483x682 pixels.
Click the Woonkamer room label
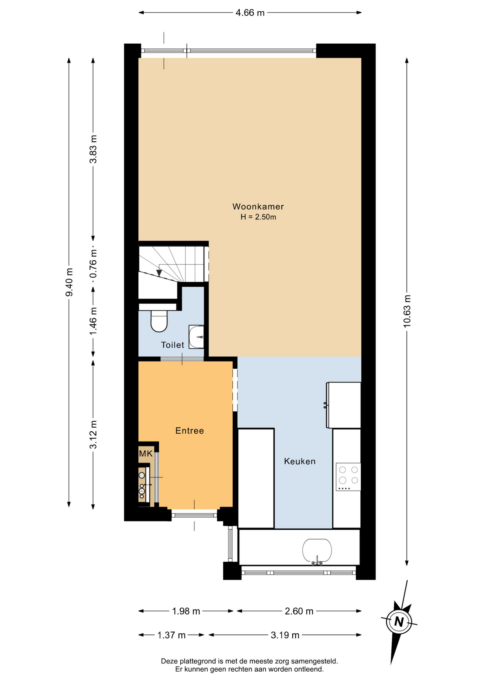(258, 206)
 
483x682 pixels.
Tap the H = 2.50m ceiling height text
(258, 217)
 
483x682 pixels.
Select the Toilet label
(172, 345)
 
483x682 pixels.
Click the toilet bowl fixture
(159, 321)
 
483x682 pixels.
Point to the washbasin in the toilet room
(196, 337)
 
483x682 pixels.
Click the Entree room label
(190, 431)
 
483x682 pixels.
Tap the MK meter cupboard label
(146, 454)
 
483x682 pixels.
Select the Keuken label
(300, 461)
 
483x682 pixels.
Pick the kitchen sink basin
(317, 551)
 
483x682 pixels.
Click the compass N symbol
(399, 622)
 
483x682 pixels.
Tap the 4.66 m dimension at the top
(250, 13)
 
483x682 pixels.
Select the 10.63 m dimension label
(407, 311)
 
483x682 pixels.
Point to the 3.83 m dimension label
(93, 149)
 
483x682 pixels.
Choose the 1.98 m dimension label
(186, 611)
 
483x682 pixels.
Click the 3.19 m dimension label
(285, 635)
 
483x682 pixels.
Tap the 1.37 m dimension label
(171, 635)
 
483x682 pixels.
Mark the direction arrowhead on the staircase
(159, 273)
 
